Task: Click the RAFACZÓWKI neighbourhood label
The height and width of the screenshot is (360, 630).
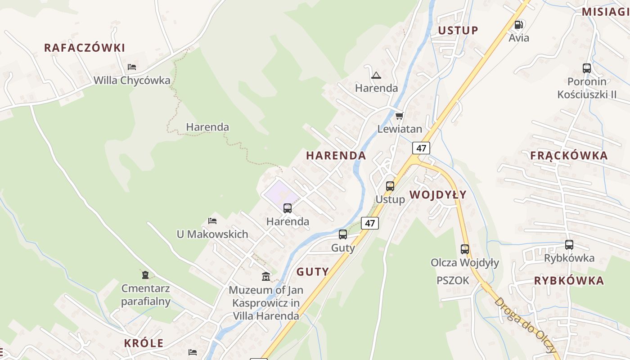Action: pyautogui.click(x=85, y=48)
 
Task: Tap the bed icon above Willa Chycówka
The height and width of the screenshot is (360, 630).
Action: pyautogui.click(x=132, y=67)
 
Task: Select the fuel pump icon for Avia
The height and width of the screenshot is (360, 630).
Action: pyautogui.click(x=519, y=25)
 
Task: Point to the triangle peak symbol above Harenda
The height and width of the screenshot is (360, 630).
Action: pyautogui.click(x=376, y=75)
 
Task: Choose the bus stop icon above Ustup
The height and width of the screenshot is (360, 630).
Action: pyautogui.click(x=390, y=186)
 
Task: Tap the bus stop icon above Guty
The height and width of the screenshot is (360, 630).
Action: pyautogui.click(x=343, y=234)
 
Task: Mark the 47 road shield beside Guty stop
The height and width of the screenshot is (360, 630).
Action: pyautogui.click(x=370, y=223)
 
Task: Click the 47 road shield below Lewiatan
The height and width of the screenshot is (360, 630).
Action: pyautogui.click(x=421, y=148)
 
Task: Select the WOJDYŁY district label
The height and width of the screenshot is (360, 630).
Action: pyautogui.click(x=438, y=195)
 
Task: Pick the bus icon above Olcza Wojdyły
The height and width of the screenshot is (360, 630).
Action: pyautogui.click(x=465, y=249)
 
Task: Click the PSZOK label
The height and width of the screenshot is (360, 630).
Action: pyautogui.click(x=453, y=281)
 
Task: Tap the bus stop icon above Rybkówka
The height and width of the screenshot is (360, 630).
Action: pyautogui.click(x=569, y=245)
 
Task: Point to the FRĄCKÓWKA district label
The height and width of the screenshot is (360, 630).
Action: pyautogui.click(x=569, y=156)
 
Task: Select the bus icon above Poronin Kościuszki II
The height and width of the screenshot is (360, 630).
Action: pyautogui.click(x=587, y=68)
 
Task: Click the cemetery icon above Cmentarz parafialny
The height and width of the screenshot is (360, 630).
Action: pyautogui.click(x=145, y=274)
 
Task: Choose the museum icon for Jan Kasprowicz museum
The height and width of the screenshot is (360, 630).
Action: pyautogui.click(x=266, y=276)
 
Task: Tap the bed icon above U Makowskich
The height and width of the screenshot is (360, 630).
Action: pyautogui.click(x=212, y=220)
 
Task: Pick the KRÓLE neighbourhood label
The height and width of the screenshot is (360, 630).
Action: pyautogui.click(x=144, y=343)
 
